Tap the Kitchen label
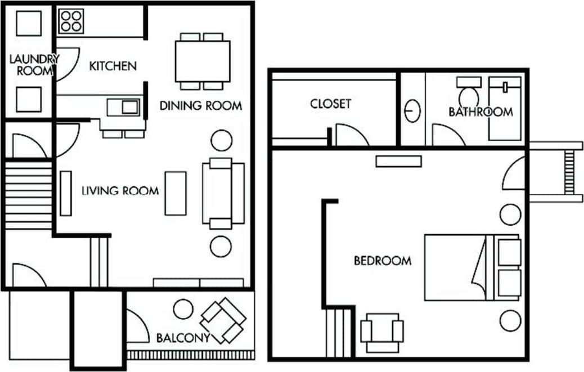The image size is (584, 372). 113,66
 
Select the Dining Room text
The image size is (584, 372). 201,105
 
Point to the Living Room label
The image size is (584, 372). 120,191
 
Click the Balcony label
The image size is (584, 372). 183,338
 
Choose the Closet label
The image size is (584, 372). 330,104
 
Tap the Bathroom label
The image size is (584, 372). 480,111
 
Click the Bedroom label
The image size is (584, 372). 382,261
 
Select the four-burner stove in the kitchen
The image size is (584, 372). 71,21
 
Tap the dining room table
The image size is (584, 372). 202,61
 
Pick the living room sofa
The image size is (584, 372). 223,193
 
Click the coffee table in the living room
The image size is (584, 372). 175,193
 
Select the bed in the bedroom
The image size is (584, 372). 471,267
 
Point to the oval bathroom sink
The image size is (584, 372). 413,111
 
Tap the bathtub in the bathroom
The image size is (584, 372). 506,109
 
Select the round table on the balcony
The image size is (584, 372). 183,309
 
